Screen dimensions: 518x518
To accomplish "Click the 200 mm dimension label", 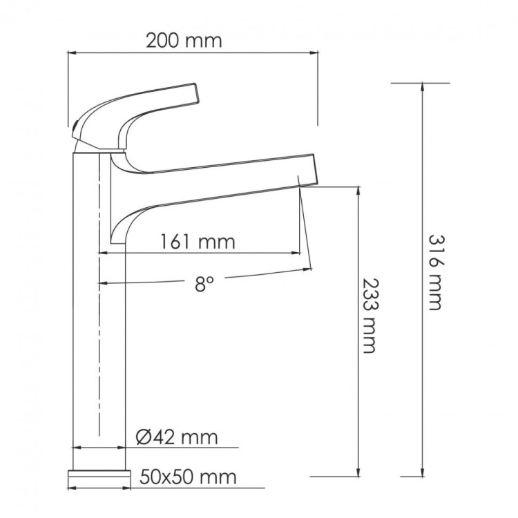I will (x=184, y=40).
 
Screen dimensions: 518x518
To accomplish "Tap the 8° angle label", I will (x=200, y=285).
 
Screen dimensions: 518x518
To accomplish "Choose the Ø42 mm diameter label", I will (x=177, y=437).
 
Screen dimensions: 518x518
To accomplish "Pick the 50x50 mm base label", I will (x=188, y=477).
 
